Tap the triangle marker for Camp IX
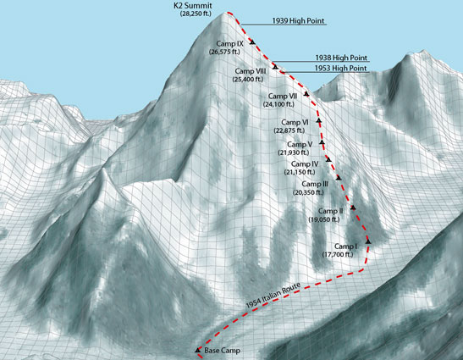pos(251,41)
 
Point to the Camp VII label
pos(281,96)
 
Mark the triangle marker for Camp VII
pos(306,93)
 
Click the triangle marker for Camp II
pos(352,208)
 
